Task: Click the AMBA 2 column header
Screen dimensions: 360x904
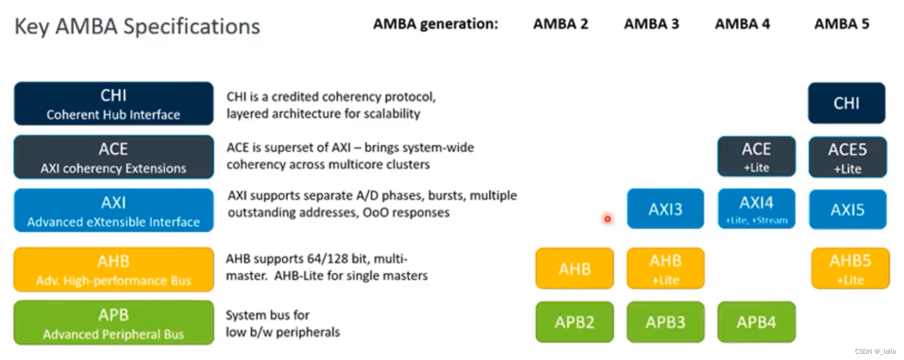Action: tap(560, 24)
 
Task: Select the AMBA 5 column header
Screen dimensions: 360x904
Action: tap(841, 24)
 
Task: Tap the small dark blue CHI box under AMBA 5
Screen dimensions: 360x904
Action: tap(846, 103)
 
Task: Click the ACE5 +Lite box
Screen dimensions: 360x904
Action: tap(847, 157)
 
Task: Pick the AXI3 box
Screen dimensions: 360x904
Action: tap(665, 209)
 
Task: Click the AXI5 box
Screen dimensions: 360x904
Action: tap(847, 209)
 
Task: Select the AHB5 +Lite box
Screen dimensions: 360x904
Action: tap(850, 268)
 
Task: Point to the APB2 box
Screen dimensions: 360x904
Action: tap(574, 322)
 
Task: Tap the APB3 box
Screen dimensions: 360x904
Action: tap(665, 322)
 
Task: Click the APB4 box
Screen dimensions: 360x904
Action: tap(756, 322)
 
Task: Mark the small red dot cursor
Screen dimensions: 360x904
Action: tap(607, 219)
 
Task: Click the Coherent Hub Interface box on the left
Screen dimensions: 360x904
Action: tap(114, 104)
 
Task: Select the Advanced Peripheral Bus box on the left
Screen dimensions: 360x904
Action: tap(114, 323)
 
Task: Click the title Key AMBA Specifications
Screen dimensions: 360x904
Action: tap(137, 26)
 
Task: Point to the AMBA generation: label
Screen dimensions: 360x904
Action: tap(435, 24)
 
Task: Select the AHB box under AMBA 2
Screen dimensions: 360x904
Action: tap(574, 268)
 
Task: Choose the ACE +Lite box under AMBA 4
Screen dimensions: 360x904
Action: tap(756, 156)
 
